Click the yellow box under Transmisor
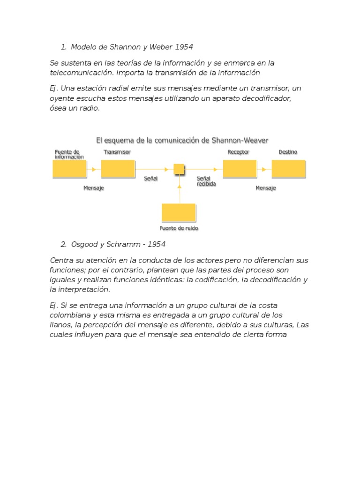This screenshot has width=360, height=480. (118, 169)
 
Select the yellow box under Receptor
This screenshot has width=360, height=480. (240, 169)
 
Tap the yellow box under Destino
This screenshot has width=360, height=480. (288, 169)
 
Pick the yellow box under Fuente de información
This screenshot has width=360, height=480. (69, 169)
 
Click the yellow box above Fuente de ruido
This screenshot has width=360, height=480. (179, 212)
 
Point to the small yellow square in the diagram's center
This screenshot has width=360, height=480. (179, 169)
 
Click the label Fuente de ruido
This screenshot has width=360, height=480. (179, 228)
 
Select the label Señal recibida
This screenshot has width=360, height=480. (206, 181)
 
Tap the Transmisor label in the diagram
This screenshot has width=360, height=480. (117, 152)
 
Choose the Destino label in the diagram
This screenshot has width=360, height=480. (288, 152)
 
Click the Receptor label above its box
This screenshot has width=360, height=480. (238, 152)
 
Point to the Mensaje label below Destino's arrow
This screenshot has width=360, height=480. (266, 188)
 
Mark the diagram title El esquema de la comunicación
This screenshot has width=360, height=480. (182, 140)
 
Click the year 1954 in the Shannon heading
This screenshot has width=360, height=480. (184, 47)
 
